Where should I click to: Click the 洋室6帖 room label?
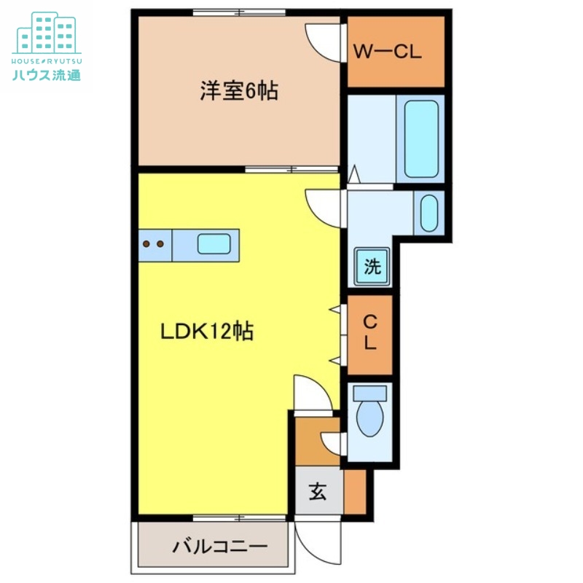239,92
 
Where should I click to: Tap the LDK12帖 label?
207,332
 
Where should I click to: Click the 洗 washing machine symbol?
372,267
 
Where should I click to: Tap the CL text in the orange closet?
370,332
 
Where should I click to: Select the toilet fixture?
370,412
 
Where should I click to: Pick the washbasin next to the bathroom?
429,213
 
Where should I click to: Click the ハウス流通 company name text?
46,74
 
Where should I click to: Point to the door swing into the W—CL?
324,40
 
